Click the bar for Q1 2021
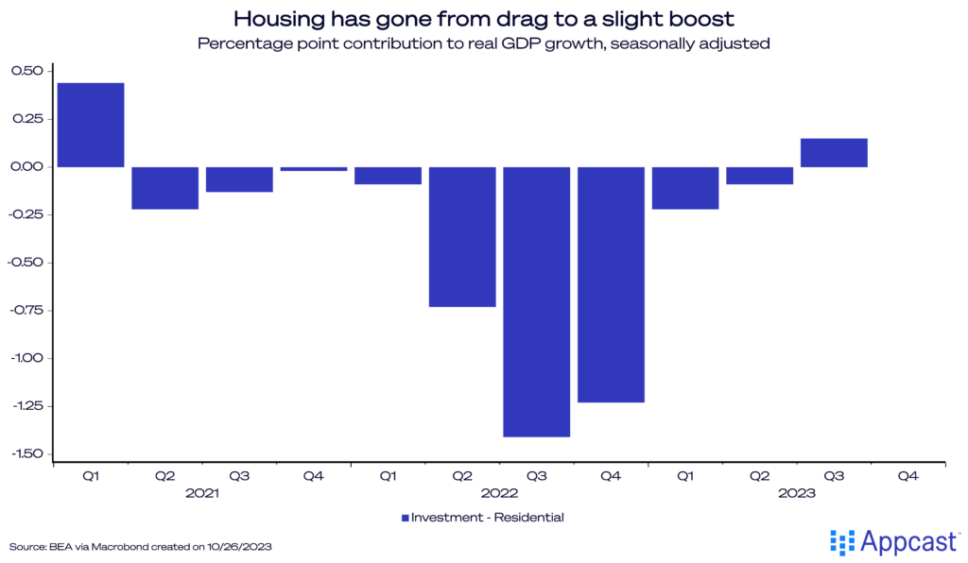pos(91,125)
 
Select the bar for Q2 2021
pos(165,187)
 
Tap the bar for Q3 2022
pos(537,301)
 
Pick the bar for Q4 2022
pos(612,284)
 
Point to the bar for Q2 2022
pos(462,236)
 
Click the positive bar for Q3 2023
pos(834,153)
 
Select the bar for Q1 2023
pos(685,187)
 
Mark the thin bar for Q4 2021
pos(314,169)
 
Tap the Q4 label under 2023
pos(907,477)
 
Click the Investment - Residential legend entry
pos(482,517)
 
